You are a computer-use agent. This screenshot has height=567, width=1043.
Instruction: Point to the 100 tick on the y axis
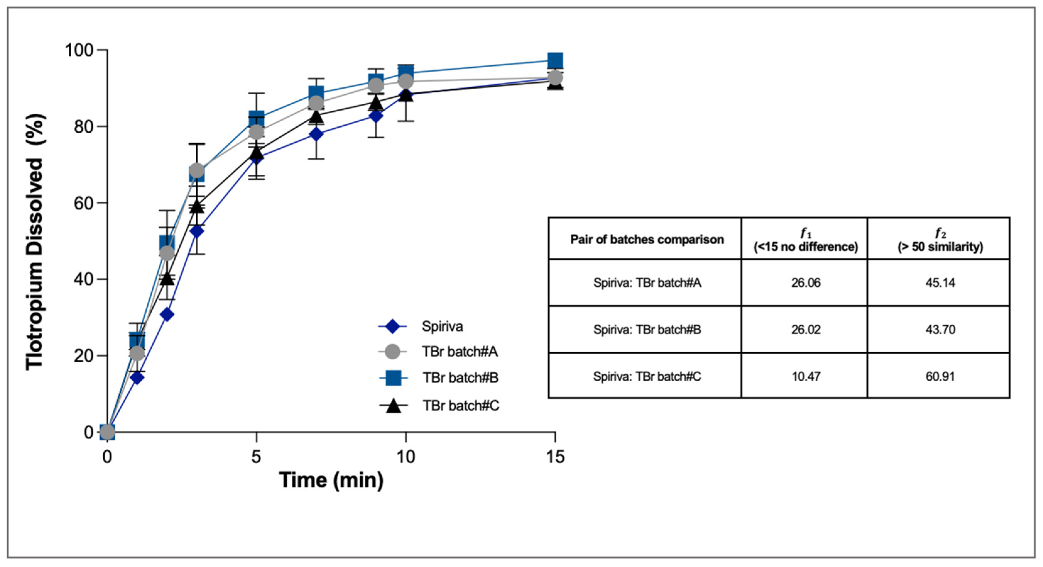point(79,50)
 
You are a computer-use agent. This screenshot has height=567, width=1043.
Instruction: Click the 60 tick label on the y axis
point(84,203)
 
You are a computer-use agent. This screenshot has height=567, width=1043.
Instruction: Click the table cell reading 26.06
point(806,283)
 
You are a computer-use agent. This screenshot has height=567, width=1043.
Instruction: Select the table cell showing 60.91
point(940,377)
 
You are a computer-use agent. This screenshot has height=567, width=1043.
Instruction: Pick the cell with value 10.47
point(806,377)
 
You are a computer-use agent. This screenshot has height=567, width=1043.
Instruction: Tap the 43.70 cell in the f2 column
point(940,329)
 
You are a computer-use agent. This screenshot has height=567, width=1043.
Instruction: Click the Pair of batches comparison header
point(647,239)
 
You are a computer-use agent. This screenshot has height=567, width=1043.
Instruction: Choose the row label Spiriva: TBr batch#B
point(647,329)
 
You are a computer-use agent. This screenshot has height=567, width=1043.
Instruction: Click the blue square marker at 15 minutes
point(555,60)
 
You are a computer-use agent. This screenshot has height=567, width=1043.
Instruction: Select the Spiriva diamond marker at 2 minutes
point(167,315)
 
